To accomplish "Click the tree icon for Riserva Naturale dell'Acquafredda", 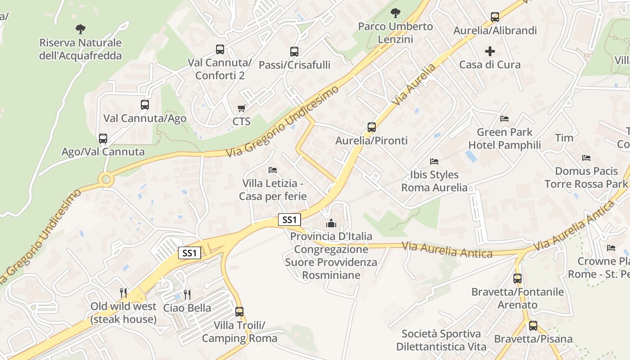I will click(x=81, y=30).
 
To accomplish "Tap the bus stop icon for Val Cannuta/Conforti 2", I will click(x=220, y=49).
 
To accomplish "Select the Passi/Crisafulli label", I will click(x=294, y=65).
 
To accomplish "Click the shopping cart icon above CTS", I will click(x=242, y=108).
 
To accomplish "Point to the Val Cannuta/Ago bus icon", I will click(x=144, y=105).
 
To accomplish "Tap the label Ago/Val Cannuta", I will click(x=103, y=152).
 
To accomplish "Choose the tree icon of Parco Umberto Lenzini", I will click(x=395, y=13).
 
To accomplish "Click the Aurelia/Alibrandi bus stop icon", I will click(x=495, y=17).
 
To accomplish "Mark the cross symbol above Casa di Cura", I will click(x=490, y=51).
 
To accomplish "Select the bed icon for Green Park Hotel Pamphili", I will click(x=504, y=119).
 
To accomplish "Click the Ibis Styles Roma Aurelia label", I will click(x=434, y=181).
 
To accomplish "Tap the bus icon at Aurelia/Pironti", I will click(x=371, y=127).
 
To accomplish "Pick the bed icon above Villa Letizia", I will click(x=272, y=170).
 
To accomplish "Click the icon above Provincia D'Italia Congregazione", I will click(x=331, y=223).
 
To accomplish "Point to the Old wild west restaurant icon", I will click(x=123, y=293).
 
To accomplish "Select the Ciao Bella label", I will click(x=187, y=308).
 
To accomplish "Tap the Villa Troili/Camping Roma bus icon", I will click(x=239, y=311).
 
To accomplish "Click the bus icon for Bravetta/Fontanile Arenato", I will click(x=517, y=279).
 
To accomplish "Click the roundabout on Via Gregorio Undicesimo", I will click(x=106, y=180).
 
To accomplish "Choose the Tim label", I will click(x=564, y=138).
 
